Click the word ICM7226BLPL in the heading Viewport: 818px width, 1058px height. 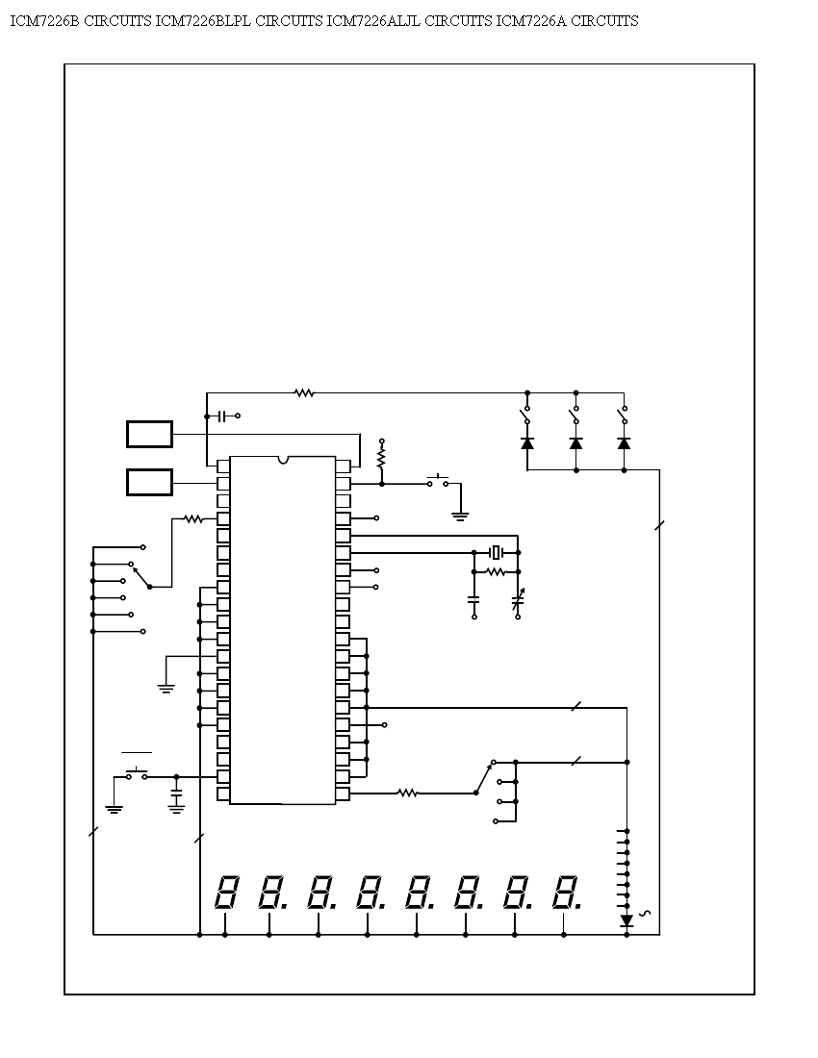pos(203,21)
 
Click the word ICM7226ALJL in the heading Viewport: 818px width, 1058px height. pos(373,21)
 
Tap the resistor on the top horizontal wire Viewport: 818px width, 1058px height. pos(304,392)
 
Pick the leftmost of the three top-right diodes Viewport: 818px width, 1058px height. pos(527,443)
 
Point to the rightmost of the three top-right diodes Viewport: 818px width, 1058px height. pos(625,443)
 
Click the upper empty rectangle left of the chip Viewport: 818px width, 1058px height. pos(150,434)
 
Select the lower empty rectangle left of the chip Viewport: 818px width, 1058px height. pos(150,483)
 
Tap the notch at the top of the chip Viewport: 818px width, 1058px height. pos(283,460)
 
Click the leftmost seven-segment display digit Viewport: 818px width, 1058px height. pos(227,892)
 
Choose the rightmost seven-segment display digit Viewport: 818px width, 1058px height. pos(566,892)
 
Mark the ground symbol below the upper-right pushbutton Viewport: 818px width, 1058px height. pos(460,516)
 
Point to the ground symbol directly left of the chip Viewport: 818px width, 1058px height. pos(166,689)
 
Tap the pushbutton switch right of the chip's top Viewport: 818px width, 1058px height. pos(438,480)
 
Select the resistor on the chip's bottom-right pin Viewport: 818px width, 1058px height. pos(408,793)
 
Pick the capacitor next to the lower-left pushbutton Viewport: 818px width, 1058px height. pos(177,797)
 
